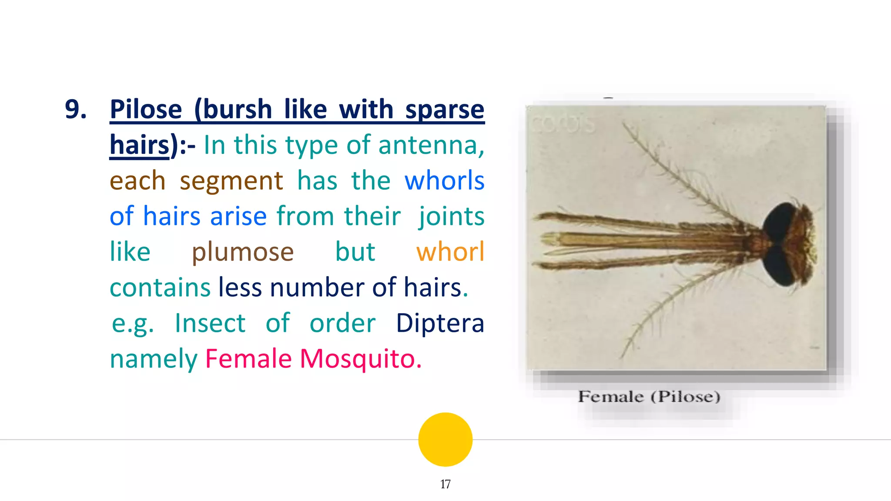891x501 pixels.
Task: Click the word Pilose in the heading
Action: tap(146, 110)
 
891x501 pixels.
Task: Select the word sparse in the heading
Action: tap(445, 110)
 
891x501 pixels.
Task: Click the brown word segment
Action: tap(231, 181)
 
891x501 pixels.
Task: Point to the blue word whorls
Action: tap(444, 180)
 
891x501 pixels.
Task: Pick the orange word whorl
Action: tap(450, 252)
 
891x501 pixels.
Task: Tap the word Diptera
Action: tap(440, 324)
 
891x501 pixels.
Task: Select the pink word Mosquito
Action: tap(361, 359)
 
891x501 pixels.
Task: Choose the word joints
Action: tap(451, 217)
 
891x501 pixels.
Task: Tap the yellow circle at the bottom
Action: tap(445, 439)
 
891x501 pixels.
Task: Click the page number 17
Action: tap(445, 484)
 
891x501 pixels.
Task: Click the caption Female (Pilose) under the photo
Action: tap(649, 397)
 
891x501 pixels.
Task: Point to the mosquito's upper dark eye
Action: tap(781, 222)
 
